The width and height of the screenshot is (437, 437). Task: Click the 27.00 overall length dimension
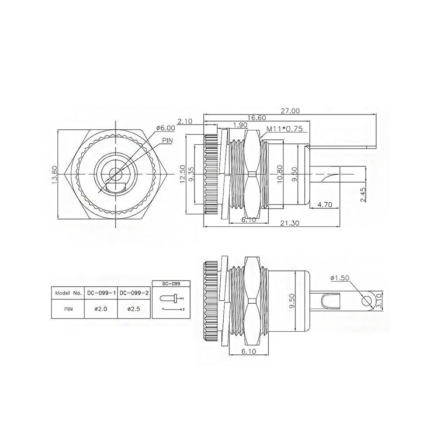[290, 111]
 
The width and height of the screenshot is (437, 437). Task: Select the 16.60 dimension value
[257, 118]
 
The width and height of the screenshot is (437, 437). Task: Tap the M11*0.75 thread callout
[284, 129]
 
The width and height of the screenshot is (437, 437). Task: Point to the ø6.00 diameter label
[166, 128]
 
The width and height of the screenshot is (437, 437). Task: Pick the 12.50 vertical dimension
[183, 174]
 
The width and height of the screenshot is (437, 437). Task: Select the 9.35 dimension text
[191, 174]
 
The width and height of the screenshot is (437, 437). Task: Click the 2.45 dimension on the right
[363, 195]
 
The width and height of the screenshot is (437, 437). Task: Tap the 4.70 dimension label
[325, 205]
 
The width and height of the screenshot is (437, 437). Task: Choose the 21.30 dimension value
[290, 223]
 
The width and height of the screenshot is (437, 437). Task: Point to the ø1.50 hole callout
[340, 278]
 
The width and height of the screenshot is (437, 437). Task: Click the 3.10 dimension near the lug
[379, 301]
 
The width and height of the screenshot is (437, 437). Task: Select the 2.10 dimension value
[185, 121]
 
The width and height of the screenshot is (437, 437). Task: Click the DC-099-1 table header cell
[101, 293]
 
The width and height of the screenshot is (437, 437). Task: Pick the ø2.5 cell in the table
[134, 309]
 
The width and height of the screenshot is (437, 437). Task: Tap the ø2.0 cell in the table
[101, 309]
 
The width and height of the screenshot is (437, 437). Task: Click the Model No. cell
[68, 293]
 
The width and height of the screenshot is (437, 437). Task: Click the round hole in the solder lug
[366, 301]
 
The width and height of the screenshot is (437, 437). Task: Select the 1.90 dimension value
[240, 125]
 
